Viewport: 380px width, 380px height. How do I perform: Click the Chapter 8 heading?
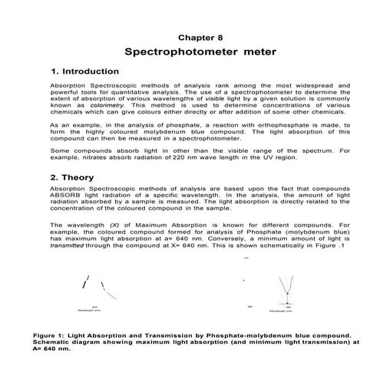(200, 36)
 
